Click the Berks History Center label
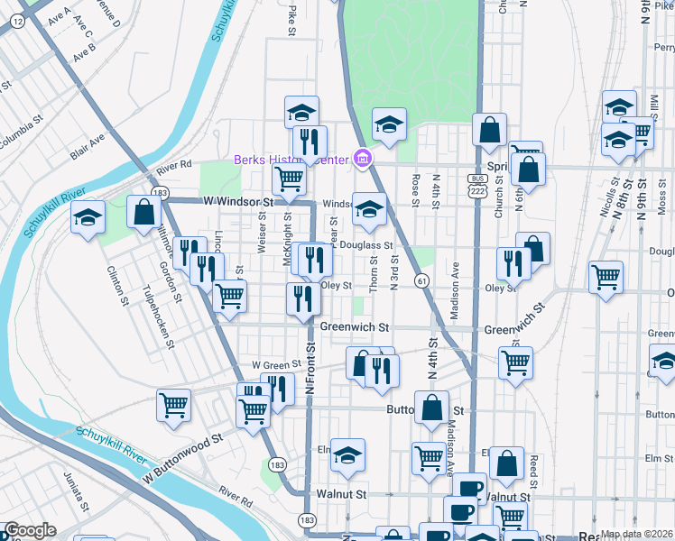[291, 160]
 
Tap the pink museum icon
[362, 160]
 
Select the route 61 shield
[421, 282]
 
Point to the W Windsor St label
[238, 203]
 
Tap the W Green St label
[275, 364]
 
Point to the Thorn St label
[374, 270]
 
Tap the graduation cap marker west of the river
[88, 217]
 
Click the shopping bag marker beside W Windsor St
[143, 214]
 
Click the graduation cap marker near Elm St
[347, 456]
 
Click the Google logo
[29, 530]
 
